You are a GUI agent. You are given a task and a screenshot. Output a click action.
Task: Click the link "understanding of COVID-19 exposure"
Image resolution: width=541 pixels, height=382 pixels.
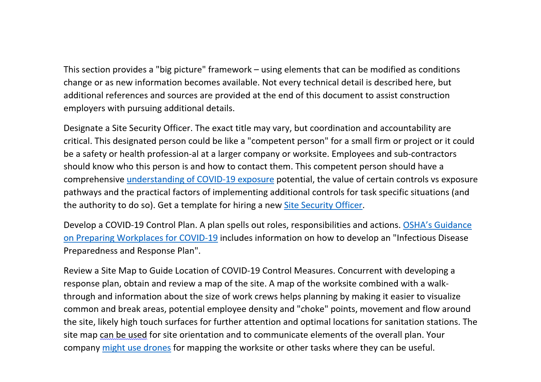pos(200,179)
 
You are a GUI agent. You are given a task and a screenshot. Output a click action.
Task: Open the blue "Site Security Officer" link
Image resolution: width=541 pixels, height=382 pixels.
pos(323,205)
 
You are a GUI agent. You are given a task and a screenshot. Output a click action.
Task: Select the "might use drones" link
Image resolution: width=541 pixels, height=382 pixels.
pos(137,347)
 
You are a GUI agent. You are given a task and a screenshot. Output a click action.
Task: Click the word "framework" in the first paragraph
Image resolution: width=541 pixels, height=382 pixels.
pos(230,69)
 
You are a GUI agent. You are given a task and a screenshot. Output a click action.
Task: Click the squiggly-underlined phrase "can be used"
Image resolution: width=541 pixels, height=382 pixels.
pos(123,335)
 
